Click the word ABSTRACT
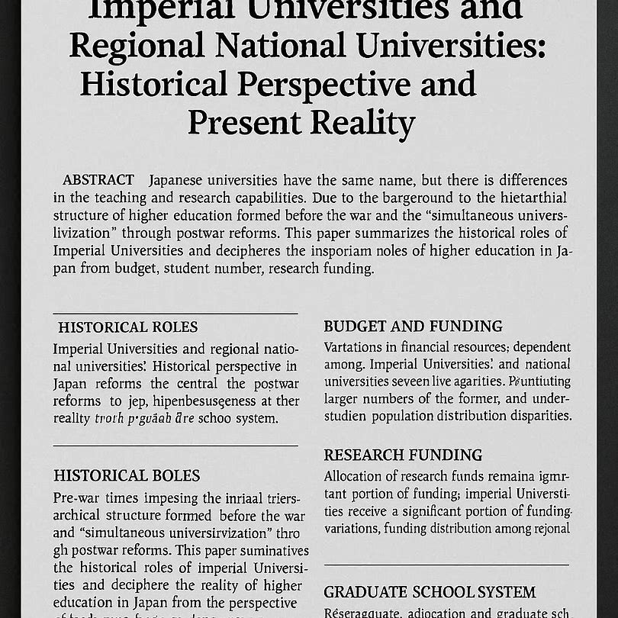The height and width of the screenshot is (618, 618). (x=98, y=181)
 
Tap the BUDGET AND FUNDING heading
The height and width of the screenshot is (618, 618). (x=413, y=327)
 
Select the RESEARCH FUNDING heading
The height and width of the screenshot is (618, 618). (x=403, y=455)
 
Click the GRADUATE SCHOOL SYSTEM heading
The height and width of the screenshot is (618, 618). (x=430, y=592)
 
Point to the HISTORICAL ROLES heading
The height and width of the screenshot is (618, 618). (x=127, y=327)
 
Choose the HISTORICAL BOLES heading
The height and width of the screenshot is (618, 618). (x=127, y=475)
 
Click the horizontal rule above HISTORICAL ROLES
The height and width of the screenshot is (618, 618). (x=175, y=314)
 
